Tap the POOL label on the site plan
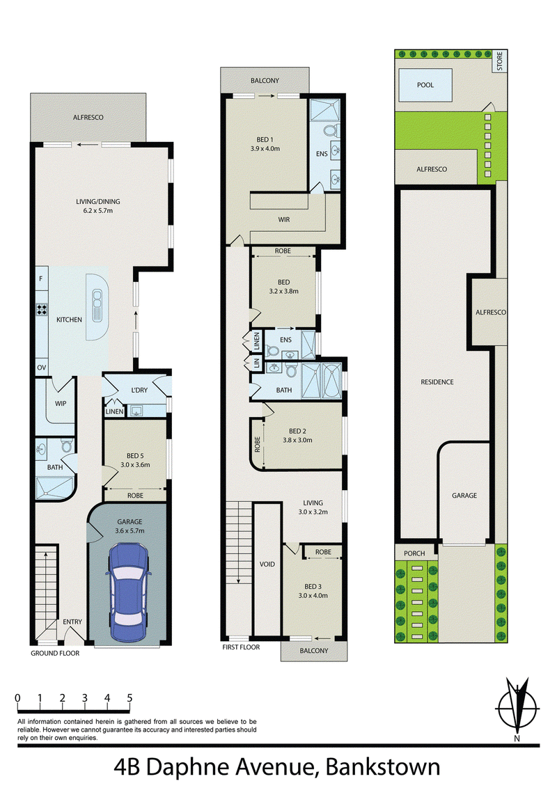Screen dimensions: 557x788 tap(425, 85)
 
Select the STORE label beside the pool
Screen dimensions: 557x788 tap(500, 61)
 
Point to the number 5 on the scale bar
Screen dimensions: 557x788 tap(130, 698)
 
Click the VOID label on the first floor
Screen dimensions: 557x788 tap(267, 565)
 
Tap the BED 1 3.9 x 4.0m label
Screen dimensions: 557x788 tap(265, 144)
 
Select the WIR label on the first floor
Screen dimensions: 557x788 tap(284, 219)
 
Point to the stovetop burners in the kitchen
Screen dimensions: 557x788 tap(41, 309)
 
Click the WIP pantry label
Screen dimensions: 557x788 tap(61, 403)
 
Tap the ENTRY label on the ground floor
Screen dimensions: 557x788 tap(72, 622)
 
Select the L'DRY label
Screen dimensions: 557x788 tap(139, 390)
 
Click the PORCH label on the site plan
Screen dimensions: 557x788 tap(414, 553)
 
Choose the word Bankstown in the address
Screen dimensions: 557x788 tap(383, 767)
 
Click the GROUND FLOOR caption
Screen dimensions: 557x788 tap(55, 654)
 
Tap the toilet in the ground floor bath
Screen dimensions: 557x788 tap(67, 446)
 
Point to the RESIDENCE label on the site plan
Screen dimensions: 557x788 tap(437, 382)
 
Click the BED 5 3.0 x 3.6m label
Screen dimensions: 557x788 tap(135, 460)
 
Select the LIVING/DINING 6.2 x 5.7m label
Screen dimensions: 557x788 tap(98, 206)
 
